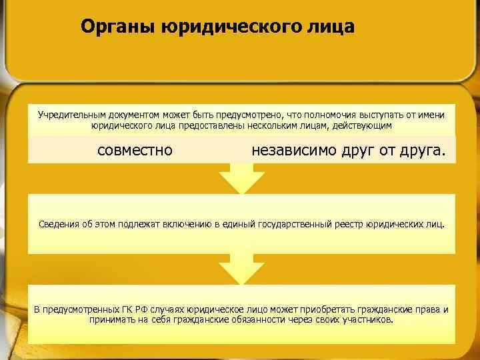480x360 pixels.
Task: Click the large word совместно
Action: click(135, 150)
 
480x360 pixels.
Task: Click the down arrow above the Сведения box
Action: click(241, 177)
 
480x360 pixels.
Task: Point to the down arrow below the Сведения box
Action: click(241, 269)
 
